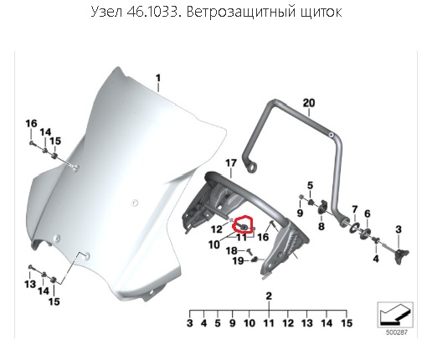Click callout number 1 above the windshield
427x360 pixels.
[x=158, y=79]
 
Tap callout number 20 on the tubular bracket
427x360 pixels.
[x=309, y=103]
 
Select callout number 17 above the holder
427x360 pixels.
[x=231, y=163]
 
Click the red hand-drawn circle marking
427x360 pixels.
[x=243, y=224]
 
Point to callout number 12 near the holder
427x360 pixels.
[x=217, y=229]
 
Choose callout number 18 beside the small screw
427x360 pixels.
[x=232, y=250]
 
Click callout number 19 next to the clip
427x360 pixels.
[x=239, y=261]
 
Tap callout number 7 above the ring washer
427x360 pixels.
[x=355, y=209]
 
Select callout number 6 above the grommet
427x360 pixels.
[x=368, y=213]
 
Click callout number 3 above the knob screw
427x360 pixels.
[x=399, y=229]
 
